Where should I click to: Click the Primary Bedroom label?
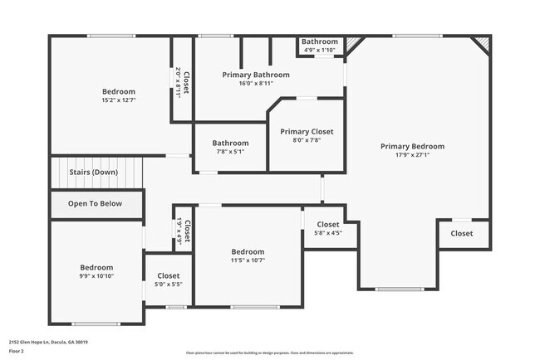click(x=412, y=147)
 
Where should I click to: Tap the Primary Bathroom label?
click(x=256, y=75)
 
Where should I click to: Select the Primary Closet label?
click(x=307, y=131)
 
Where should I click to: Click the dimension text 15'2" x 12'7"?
click(x=119, y=100)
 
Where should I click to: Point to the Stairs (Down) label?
click(x=93, y=172)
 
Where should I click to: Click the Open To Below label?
click(x=95, y=203)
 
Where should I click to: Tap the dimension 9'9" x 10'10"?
click(x=96, y=276)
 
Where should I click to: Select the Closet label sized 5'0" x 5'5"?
click(x=169, y=275)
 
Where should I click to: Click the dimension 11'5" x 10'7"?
click(x=248, y=260)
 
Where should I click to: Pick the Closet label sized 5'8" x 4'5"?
click(x=327, y=224)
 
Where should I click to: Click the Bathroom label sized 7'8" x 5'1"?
click(x=230, y=142)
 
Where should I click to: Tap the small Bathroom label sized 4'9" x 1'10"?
click(x=319, y=41)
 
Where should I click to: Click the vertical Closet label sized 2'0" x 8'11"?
click(x=186, y=83)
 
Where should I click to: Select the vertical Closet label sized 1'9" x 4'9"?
click(x=187, y=230)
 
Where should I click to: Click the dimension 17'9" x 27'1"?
click(x=412, y=155)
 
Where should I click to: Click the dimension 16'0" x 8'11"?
click(x=256, y=83)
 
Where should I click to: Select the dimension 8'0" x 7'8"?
click(x=307, y=140)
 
